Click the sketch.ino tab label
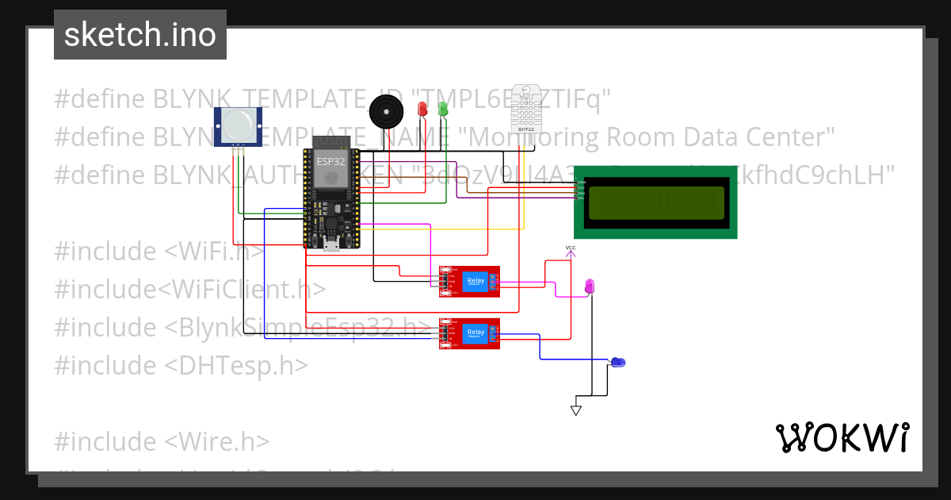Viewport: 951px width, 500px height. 139,35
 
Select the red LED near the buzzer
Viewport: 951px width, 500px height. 422,108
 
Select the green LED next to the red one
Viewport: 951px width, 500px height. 442,108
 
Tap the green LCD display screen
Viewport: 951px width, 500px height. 655,202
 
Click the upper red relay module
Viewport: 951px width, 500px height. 470,282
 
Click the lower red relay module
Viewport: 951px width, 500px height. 470,333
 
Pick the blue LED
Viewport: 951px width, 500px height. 618,362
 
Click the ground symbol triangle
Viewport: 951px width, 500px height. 576,410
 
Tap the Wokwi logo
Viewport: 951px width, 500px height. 842,437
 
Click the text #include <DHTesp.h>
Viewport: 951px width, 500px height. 181,365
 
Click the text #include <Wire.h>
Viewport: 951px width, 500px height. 162,440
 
